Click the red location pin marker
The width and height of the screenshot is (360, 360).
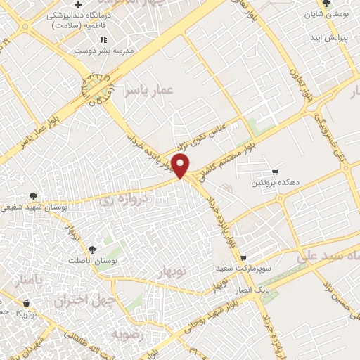pos(181,167)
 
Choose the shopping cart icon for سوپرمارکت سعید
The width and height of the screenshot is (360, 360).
pos(243,258)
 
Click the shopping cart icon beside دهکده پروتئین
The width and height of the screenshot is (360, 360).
pos(276,172)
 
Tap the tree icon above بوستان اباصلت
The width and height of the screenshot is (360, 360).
pos(92,249)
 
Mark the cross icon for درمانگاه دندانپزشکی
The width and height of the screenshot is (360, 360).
pos(89,6)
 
